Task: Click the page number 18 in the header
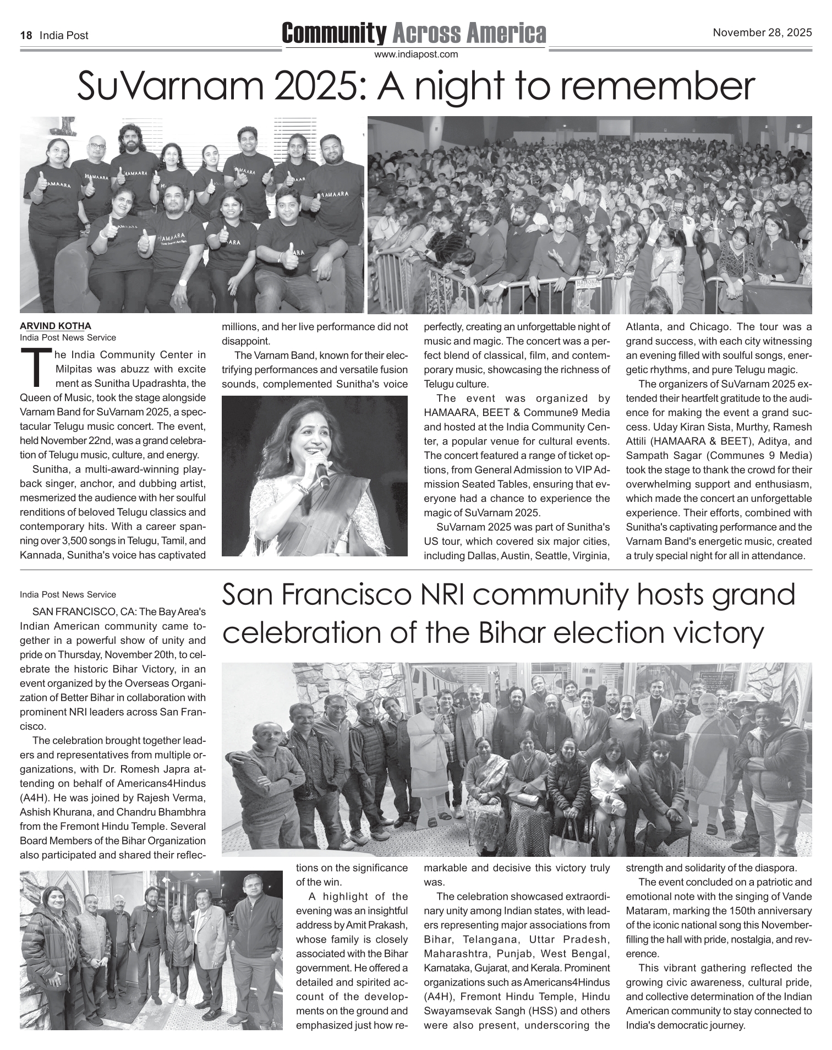click(x=25, y=35)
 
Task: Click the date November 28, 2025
click(x=762, y=32)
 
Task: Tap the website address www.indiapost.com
click(x=415, y=54)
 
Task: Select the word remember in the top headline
click(x=660, y=87)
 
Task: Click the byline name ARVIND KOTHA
click(x=55, y=326)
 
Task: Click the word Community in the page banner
click(x=333, y=34)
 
